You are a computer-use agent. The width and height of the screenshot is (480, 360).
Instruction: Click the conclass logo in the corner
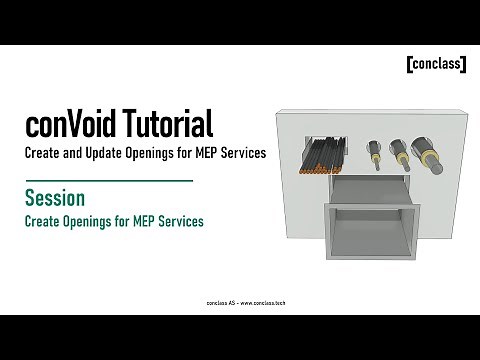[436, 65]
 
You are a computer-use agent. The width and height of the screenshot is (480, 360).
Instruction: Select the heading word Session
[55, 198]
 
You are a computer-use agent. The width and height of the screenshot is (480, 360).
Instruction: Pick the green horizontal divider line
[108, 180]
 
